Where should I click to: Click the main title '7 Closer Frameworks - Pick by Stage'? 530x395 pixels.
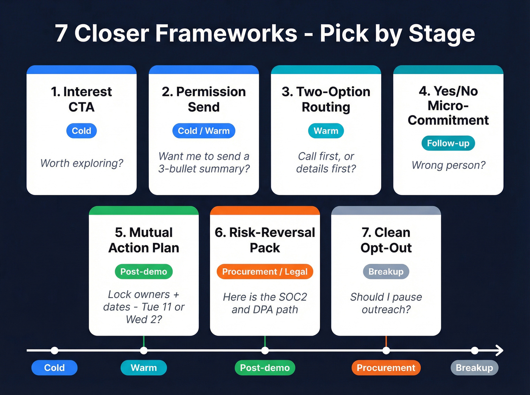[265, 34]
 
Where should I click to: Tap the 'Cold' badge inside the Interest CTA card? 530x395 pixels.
[81, 131]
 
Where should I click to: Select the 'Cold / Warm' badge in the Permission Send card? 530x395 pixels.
[204, 131]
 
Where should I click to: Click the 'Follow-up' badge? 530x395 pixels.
[448, 143]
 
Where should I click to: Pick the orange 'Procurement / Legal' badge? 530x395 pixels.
[265, 272]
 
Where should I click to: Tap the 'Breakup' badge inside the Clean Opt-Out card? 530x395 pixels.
[386, 272]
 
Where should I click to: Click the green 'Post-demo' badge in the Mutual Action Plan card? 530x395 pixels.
[143, 272]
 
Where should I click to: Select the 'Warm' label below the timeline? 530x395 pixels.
[143, 368]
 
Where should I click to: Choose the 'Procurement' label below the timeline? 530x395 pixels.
[386, 368]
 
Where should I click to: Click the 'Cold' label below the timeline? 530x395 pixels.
[55, 368]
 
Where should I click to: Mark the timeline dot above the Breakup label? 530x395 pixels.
[475, 350]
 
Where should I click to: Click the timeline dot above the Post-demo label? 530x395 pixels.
[265, 350]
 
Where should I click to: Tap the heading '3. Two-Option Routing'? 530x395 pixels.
[326, 99]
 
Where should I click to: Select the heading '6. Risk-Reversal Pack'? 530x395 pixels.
[265, 240]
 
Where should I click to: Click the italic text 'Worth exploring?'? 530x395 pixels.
[82, 163]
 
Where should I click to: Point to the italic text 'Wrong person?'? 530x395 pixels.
[448, 165]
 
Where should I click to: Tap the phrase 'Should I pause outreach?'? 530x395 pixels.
[386, 303]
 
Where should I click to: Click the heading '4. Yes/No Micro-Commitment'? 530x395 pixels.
[448, 105]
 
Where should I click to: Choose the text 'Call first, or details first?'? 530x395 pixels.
[326, 162]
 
